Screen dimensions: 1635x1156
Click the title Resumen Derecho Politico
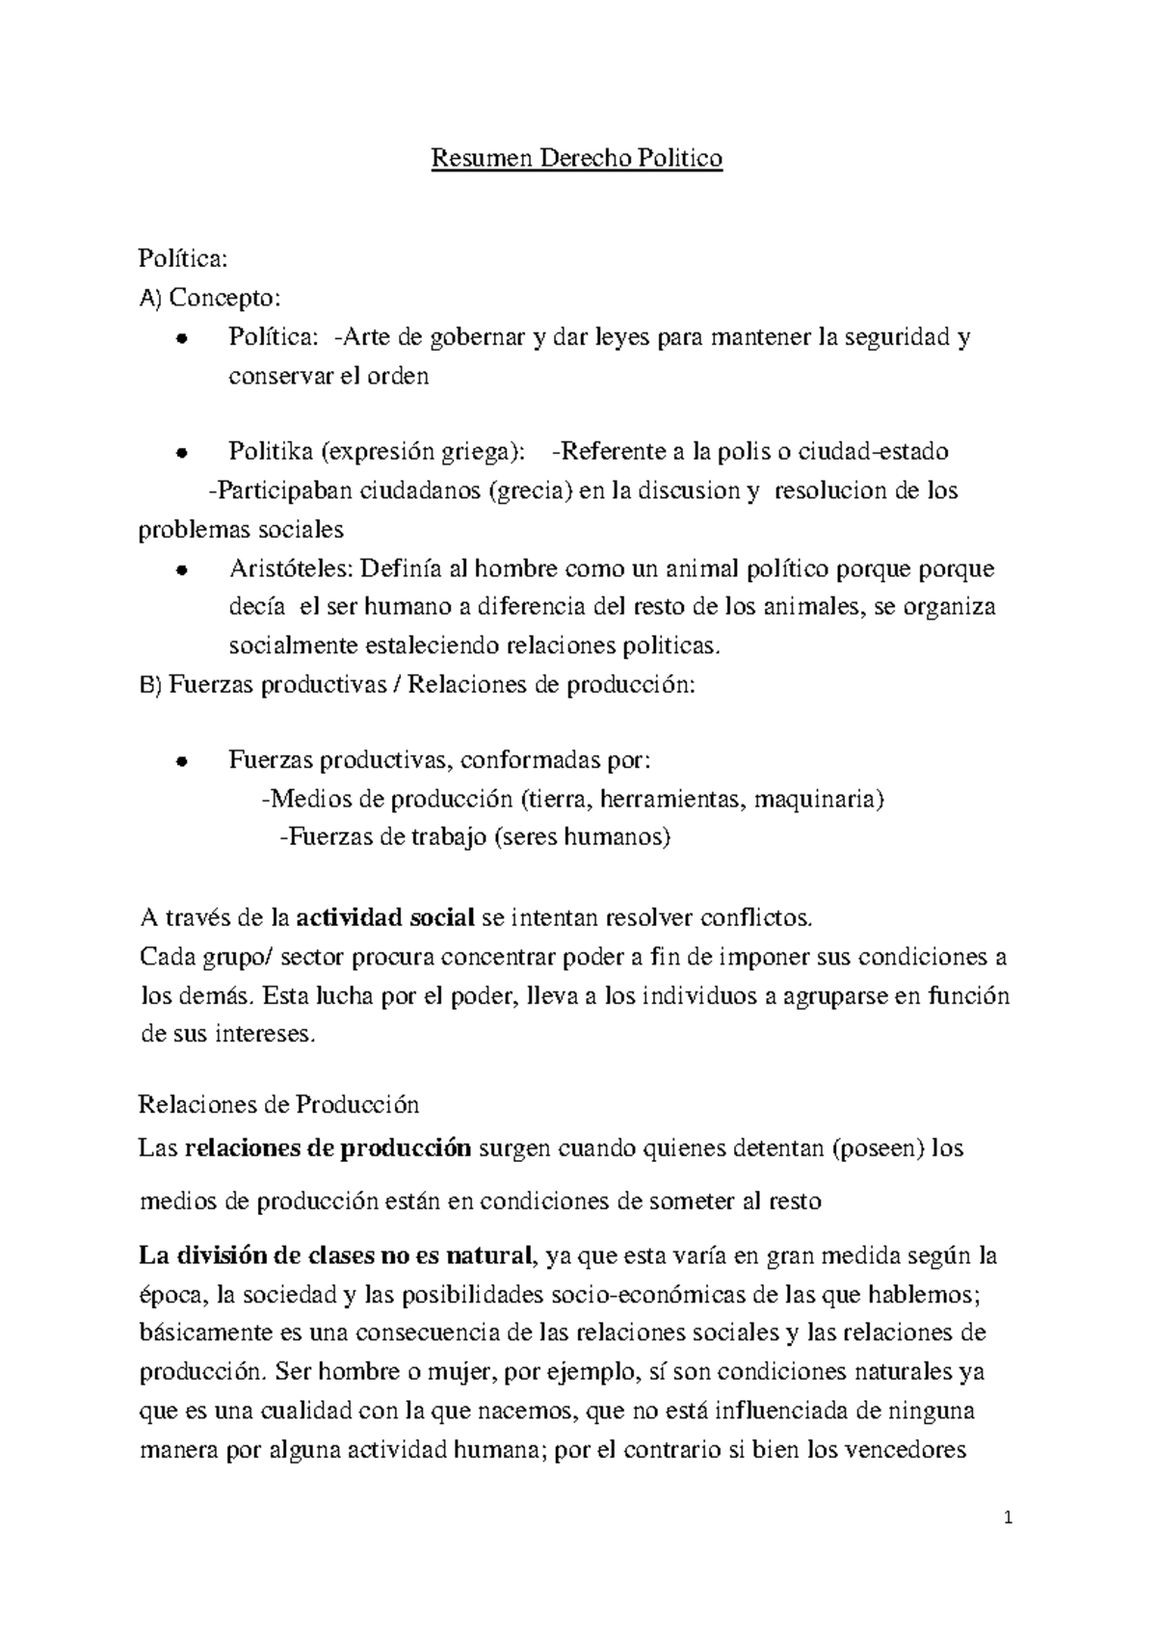576,158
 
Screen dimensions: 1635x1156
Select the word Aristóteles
290,568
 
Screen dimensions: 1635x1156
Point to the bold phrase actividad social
384,917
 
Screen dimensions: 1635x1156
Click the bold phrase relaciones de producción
328,1147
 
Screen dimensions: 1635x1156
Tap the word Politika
271,451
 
